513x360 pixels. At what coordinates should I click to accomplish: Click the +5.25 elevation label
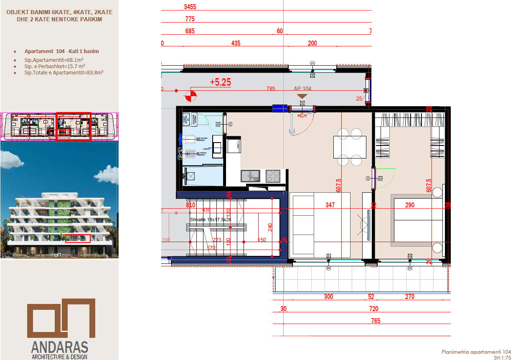pos(220,82)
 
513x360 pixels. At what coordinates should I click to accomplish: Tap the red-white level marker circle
pos(191,96)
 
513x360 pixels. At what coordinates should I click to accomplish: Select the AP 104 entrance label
pos(302,89)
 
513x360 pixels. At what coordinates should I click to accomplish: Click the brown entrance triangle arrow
pos(302,96)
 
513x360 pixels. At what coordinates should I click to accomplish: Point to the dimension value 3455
pos(190,7)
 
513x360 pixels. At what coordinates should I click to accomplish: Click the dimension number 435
pos(236,43)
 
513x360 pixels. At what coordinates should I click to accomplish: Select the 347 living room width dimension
pos(330,205)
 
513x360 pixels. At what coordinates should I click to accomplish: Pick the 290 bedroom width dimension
pos(409,205)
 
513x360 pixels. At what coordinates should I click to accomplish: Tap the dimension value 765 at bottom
pos(376,321)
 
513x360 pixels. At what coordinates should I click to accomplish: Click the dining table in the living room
pos(350,147)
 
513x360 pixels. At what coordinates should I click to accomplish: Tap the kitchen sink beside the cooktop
pos(250,176)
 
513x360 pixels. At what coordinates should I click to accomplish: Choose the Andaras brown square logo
pos(61,318)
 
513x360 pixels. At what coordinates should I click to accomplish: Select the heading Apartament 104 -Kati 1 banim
pos(61,51)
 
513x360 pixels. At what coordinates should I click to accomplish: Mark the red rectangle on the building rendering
pos(78,238)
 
